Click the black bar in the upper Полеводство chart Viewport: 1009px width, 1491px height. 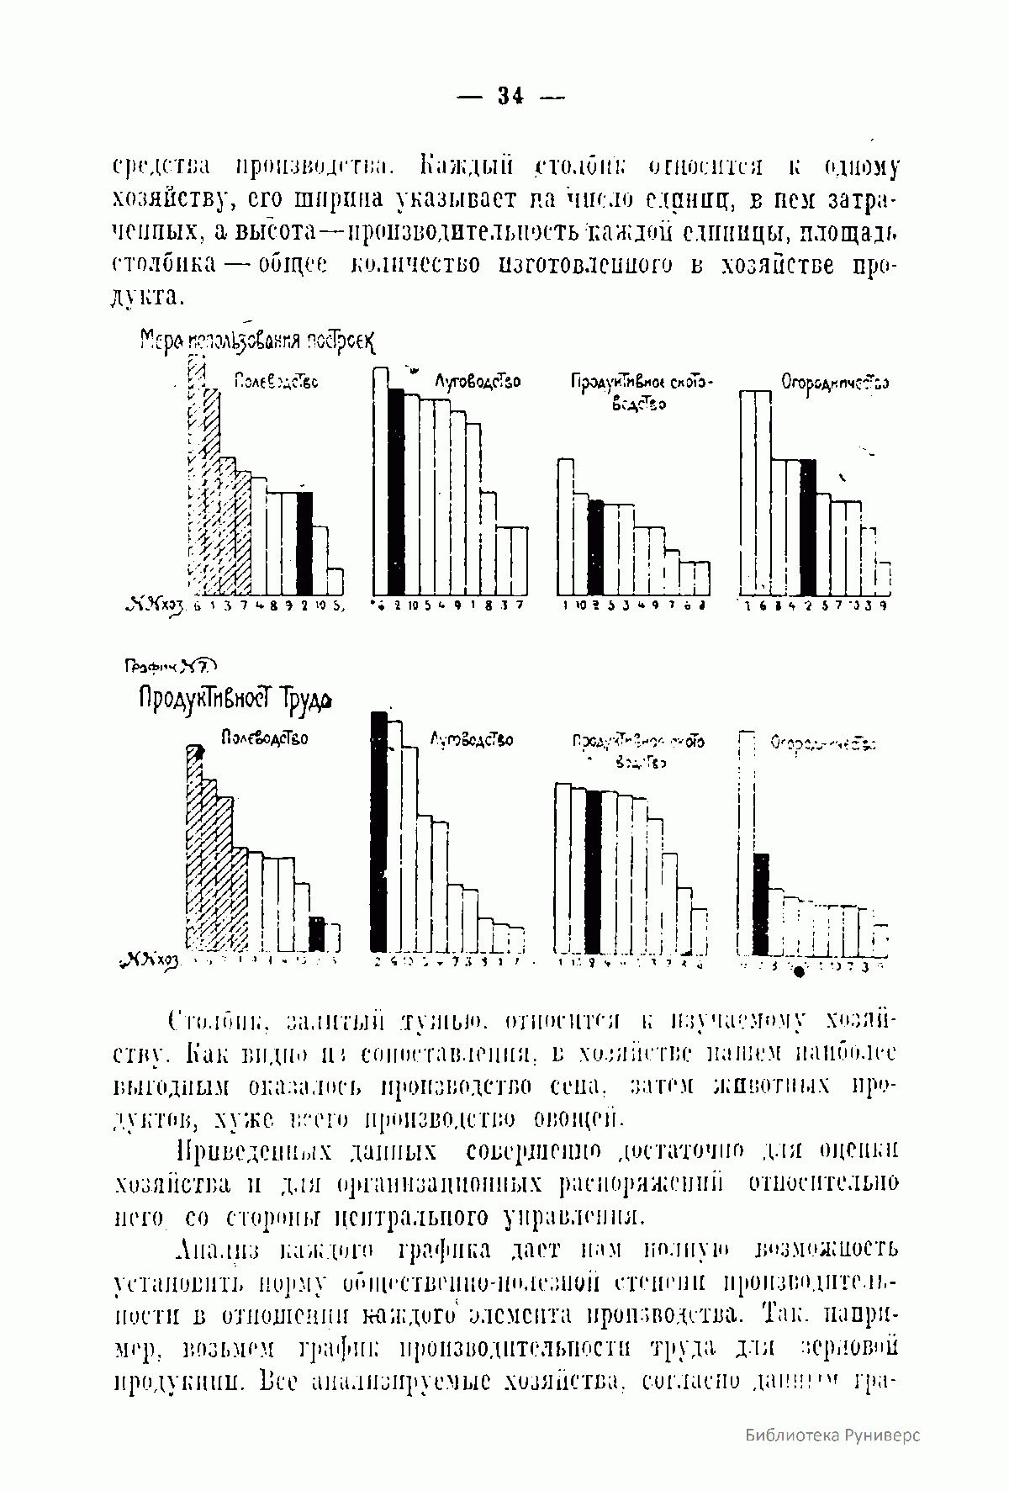(304, 542)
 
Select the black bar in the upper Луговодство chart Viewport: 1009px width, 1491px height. (396, 492)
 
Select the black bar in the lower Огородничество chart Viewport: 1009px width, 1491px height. (760, 903)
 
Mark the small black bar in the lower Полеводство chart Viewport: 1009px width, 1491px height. (317, 933)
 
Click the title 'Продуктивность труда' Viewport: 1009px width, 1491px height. (235, 700)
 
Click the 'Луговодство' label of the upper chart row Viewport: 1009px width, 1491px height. (477, 382)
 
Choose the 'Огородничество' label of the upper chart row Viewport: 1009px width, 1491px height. (835, 383)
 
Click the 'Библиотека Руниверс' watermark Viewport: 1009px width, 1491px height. (832, 1435)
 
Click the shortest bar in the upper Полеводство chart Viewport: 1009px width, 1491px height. (335, 582)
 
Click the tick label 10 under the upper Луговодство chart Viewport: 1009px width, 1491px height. (413, 606)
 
